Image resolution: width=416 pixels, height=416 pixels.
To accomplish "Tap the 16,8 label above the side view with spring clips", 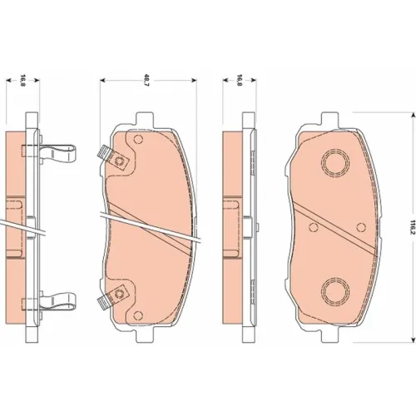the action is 22,80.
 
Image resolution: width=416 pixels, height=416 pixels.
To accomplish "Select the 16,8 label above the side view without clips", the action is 240,80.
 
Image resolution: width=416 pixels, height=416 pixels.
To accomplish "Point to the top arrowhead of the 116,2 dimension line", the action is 414,115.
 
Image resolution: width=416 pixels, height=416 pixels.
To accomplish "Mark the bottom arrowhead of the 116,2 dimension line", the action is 414,339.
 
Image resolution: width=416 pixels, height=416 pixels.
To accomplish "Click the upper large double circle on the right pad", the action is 335,162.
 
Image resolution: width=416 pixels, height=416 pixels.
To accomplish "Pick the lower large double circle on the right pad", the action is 335,291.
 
